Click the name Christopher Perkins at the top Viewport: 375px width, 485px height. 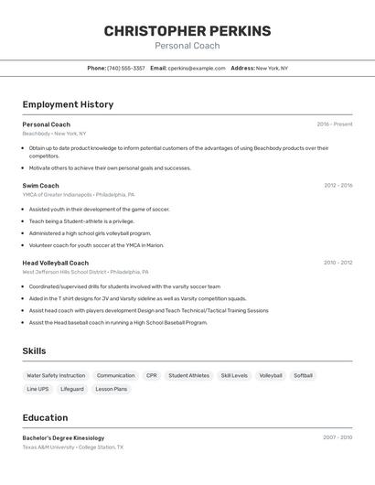tap(187, 31)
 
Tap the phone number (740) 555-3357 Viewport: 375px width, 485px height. tap(126, 68)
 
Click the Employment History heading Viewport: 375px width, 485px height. tap(68, 104)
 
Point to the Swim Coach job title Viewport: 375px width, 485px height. tap(41, 186)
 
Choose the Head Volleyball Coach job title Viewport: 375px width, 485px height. tap(56, 263)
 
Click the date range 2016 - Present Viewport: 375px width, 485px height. tap(335, 124)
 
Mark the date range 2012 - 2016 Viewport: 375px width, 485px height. tap(338, 186)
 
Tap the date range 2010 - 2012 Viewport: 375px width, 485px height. tap(338, 263)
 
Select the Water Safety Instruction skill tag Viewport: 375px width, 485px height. tap(56, 375)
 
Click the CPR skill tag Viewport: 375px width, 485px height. tap(151, 375)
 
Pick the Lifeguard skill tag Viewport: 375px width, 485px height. tap(72, 389)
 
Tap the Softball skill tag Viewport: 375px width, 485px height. tap(303, 375)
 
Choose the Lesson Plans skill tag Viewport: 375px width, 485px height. tap(112, 389)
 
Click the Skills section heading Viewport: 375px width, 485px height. tap(35, 351)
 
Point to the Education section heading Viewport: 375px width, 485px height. tap(46, 417)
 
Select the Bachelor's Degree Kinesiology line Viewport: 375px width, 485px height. tap(64, 438)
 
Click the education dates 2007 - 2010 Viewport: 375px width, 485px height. tap(337, 437)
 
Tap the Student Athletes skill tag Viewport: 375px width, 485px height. tap(188, 375)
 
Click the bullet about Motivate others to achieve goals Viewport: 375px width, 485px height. tap(110, 168)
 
